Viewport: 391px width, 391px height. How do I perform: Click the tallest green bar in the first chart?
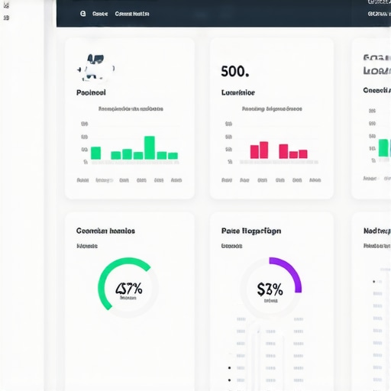click(x=150, y=147)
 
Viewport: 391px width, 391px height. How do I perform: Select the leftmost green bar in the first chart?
click(x=95, y=153)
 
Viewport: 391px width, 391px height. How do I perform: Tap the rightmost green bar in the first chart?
click(x=173, y=156)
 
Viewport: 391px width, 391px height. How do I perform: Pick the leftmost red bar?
click(x=254, y=151)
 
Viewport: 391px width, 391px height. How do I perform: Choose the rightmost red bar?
click(x=302, y=154)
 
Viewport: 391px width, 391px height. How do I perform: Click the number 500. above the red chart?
click(x=234, y=72)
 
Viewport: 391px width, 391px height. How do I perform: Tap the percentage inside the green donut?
click(x=128, y=289)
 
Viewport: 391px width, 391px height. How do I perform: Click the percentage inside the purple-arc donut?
click(x=270, y=289)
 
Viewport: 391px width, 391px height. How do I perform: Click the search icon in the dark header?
click(x=82, y=14)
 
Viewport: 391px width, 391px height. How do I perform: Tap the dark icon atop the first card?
click(x=95, y=67)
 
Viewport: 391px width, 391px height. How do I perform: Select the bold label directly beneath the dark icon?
click(x=92, y=92)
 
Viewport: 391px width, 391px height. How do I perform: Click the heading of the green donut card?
click(x=105, y=231)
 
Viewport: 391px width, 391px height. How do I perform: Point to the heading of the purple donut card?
click(x=250, y=231)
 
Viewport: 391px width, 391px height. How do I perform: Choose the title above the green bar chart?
click(x=131, y=109)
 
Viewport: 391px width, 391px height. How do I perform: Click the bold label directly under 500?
click(x=238, y=92)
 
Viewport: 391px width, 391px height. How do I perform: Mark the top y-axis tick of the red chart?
click(x=229, y=123)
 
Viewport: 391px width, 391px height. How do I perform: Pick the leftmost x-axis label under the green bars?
click(x=82, y=180)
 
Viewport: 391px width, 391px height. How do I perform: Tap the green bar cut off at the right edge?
click(x=383, y=147)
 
